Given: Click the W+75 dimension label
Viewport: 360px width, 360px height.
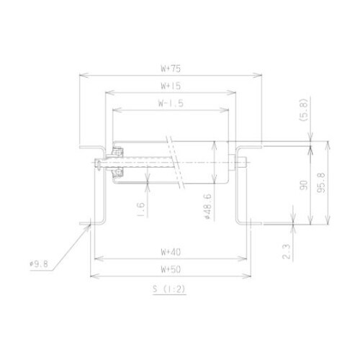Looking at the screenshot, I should [x=170, y=69].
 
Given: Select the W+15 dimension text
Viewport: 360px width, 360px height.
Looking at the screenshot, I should [x=170, y=86].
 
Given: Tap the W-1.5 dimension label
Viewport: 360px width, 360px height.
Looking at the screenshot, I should [x=171, y=104].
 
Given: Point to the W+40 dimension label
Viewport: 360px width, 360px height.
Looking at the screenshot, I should [x=170, y=252].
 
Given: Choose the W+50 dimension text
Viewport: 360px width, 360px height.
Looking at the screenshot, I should [x=170, y=269].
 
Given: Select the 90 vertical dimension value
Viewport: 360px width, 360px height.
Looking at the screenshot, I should [x=305, y=186].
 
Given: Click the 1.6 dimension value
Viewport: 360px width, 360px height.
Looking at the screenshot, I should [x=141, y=210].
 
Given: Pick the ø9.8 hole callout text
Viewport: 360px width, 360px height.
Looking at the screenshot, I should [x=38, y=264].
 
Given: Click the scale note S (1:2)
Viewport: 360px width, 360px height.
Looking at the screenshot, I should [x=170, y=289].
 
